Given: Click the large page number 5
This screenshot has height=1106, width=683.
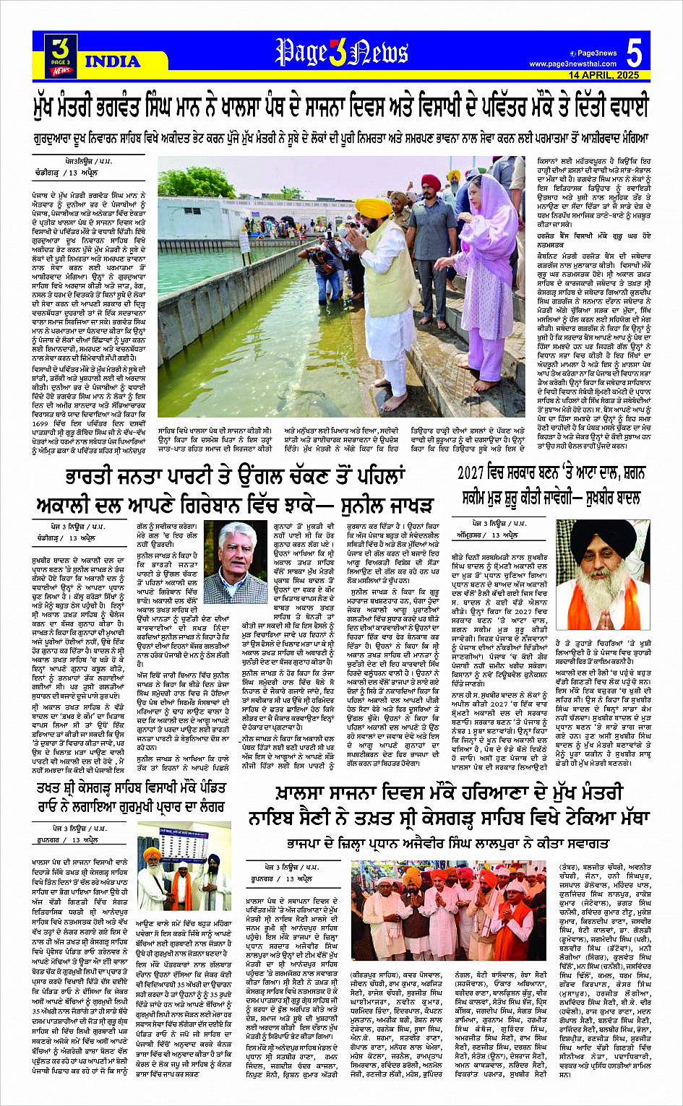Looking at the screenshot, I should click(634, 53).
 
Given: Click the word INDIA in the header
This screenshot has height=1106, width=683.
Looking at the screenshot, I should click(113, 61).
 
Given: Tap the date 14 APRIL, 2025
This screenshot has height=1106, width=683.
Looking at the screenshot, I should click(603, 75).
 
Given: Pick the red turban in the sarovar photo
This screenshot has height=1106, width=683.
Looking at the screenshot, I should click(431, 181).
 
